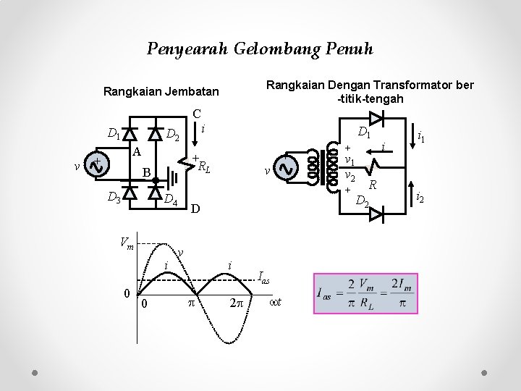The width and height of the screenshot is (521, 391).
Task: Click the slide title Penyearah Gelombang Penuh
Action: (260, 49)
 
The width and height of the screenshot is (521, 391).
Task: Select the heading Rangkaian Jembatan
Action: (161, 92)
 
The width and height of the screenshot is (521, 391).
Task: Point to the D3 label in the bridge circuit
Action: (114, 196)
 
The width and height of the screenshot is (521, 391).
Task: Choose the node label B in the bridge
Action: (146, 174)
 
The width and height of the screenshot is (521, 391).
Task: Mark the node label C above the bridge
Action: (196, 114)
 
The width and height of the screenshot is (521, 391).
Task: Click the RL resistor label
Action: (205, 167)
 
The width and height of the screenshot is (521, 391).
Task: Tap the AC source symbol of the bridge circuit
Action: (97, 164)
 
